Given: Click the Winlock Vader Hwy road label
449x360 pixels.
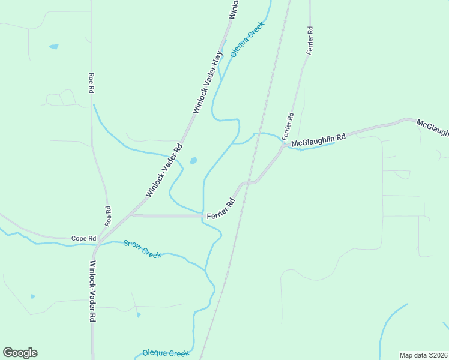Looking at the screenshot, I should point(208,82).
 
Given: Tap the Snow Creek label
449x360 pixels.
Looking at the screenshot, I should point(142,248).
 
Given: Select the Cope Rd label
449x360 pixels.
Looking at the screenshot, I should point(84,238).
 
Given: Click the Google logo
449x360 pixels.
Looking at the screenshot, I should point(20,353).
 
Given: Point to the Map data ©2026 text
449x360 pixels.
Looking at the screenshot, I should point(424,355).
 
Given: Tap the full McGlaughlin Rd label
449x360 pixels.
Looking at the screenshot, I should point(319,140).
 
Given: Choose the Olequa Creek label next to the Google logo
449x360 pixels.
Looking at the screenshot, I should point(166,353).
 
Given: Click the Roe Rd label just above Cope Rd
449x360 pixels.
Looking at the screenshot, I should point(109,216).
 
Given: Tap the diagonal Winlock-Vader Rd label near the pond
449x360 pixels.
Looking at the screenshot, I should point(164,170).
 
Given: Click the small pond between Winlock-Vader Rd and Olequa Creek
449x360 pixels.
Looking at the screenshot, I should point(193,161).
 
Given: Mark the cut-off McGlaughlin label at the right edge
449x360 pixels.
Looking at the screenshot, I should point(433,127).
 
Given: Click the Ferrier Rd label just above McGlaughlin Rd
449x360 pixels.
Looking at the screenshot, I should point(289,126).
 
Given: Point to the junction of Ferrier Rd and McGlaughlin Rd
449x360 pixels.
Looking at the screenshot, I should point(284,145).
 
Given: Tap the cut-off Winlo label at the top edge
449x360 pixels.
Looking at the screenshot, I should point(234,10).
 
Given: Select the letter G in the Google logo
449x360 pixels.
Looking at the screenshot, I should point(8,352).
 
